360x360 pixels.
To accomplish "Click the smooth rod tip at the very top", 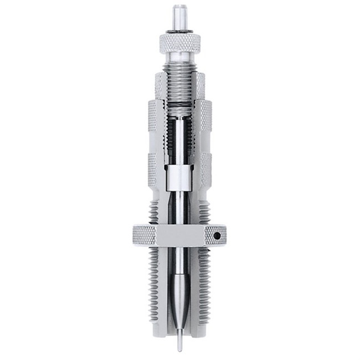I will point(179,14).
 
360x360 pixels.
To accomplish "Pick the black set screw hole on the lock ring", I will point(217,236).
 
